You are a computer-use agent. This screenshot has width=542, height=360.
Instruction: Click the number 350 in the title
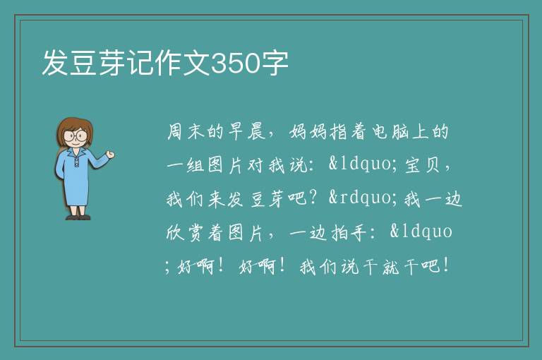point(235,64)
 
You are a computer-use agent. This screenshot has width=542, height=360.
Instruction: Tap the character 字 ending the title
point(275,64)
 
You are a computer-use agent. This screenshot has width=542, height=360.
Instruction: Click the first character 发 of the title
point(56,64)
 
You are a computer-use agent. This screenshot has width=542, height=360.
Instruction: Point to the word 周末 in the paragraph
point(186,131)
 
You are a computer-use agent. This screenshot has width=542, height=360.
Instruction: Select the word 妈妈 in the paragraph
point(308,131)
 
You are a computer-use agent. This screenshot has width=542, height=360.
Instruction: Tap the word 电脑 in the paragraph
point(390,131)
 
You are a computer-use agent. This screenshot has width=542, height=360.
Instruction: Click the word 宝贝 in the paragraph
point(422,165)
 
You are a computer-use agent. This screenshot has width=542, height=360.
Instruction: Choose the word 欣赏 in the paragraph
point(185,232)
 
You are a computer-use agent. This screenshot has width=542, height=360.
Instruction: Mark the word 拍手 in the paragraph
point(349,232)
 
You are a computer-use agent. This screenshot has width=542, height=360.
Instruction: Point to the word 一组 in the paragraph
point(186,165)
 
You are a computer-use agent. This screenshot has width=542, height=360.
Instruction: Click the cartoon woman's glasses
point(76,136)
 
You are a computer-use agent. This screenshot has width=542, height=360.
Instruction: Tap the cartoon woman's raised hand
point(110,155)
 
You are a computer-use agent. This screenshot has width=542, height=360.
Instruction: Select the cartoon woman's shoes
point(78,217)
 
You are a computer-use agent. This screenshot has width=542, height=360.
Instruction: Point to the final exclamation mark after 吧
point(446,265)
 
